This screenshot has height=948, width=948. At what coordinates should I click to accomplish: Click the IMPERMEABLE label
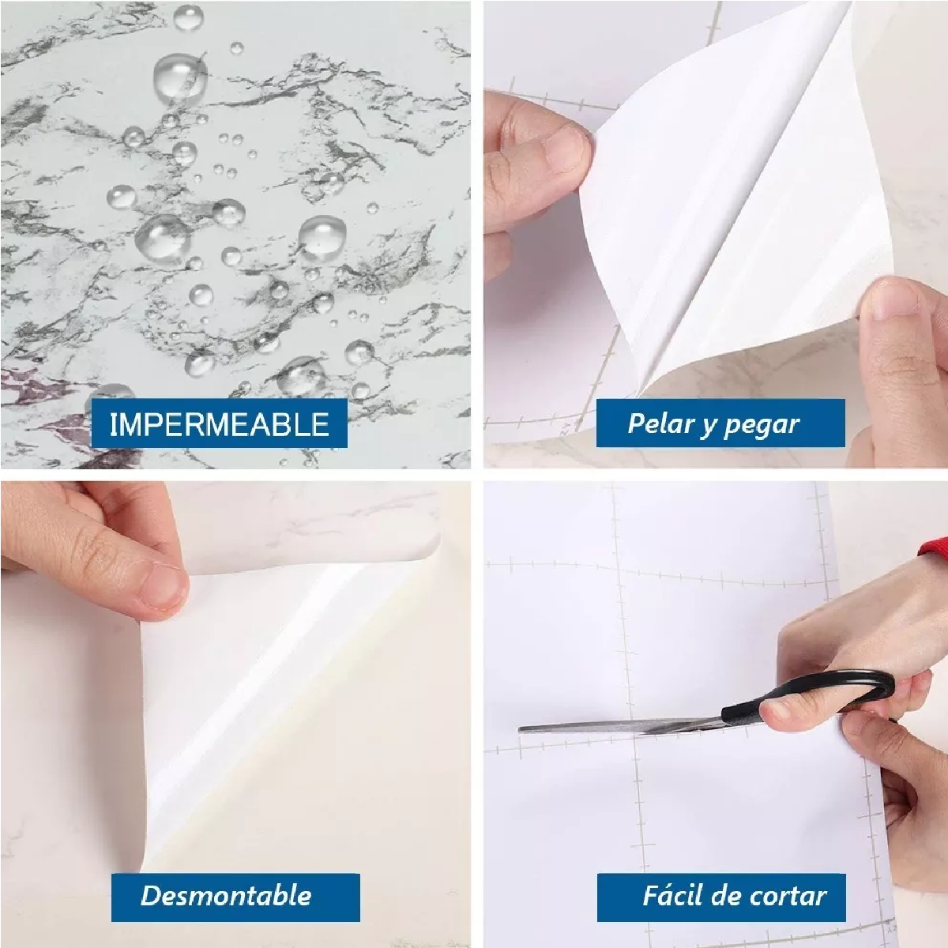219,424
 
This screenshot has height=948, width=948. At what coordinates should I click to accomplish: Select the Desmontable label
226,895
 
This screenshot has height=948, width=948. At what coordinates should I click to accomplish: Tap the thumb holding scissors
798,715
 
